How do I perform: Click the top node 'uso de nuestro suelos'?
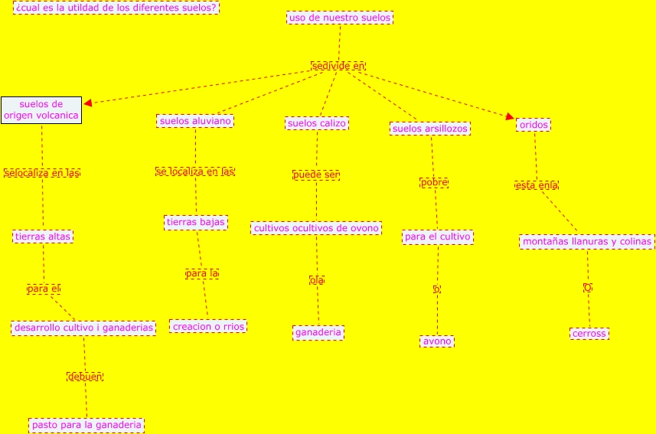click(340, 18)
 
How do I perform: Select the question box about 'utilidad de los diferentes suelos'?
click(116, 8)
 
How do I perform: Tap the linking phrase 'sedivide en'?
click(338, 66)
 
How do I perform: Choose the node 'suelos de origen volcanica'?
click(41, 109)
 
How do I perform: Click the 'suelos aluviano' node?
click(194, 121)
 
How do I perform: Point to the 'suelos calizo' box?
click(317, 123)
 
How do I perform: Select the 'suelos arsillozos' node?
click(429, 129)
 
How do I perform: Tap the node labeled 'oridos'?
click(533, 125)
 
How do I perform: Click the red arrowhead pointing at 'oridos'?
click(510, 116)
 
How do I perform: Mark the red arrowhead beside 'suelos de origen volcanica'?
click(88, 103)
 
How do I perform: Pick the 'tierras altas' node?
click(43, 237)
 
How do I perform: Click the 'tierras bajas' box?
click(195, 223)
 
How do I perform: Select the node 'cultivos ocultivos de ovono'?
click(316, 228)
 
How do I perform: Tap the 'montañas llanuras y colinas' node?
click(587, 242)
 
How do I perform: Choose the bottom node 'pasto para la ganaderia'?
click(86, 424)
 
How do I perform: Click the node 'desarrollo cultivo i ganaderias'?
click(84, 328)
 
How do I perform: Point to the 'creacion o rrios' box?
click(208, 326)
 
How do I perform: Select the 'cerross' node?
click(589, 333)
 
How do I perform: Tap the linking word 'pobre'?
click(434, 182)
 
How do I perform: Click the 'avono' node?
click(437, 341)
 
